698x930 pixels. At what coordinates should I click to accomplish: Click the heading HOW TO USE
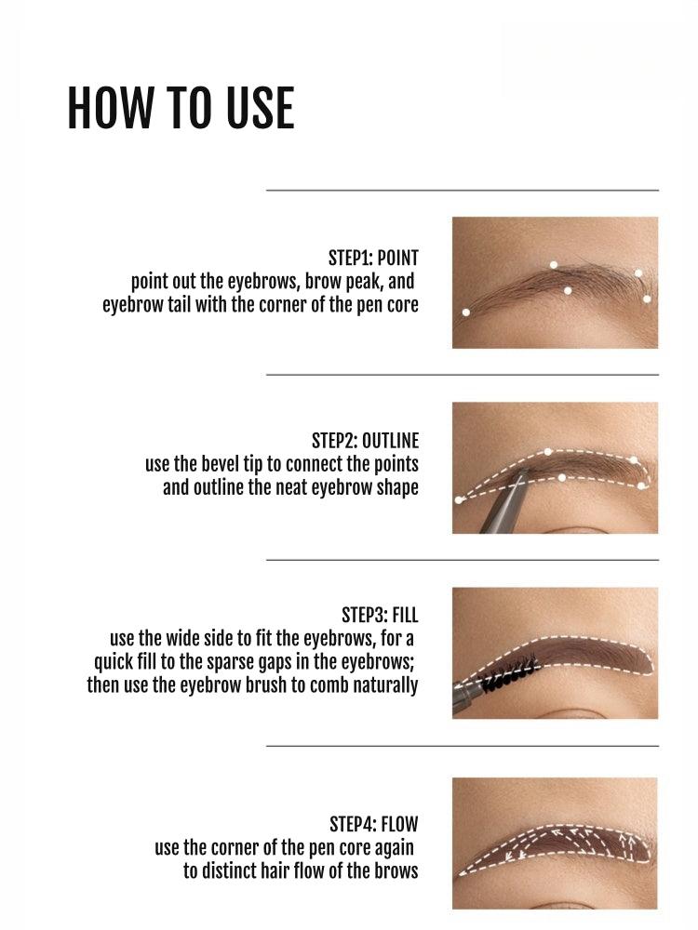point(181,108)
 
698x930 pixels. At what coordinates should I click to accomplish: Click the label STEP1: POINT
point(373,259)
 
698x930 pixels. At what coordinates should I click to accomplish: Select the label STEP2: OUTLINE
point(365,441)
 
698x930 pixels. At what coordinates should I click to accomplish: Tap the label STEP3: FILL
point(380,616)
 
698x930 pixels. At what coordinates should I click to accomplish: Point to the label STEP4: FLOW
point(373,825)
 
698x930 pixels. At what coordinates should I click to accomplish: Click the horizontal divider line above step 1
point(462,190)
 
